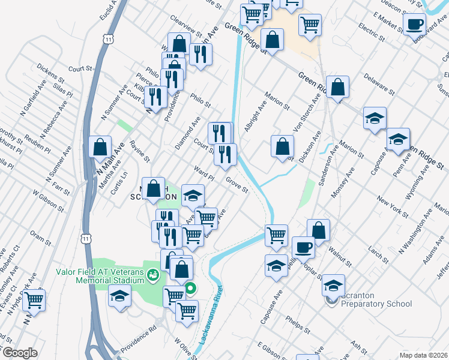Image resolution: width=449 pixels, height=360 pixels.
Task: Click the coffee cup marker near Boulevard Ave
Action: click(414, 25)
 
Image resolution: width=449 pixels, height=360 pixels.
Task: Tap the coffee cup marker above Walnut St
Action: click(303, 247)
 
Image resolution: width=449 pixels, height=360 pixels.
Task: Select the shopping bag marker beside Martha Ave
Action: click(100, 146)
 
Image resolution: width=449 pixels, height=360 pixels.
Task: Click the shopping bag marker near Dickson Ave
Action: click(282, 146)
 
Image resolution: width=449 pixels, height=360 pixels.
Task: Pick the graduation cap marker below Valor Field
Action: click(119, 296)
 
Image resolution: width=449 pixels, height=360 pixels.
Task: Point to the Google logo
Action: click(19, 353)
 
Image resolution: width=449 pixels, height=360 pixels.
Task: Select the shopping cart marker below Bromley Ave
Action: click(34, 299)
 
